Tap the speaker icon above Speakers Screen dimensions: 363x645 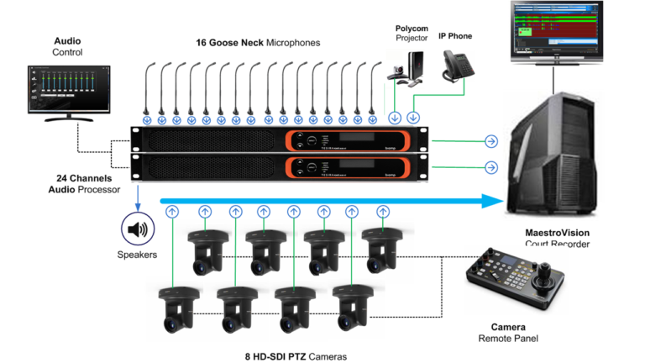coord(136,228)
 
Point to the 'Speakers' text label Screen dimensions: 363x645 coord(136,253)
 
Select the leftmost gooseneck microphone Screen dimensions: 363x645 coord(149,89)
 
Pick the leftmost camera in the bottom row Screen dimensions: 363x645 coord(179,309)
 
